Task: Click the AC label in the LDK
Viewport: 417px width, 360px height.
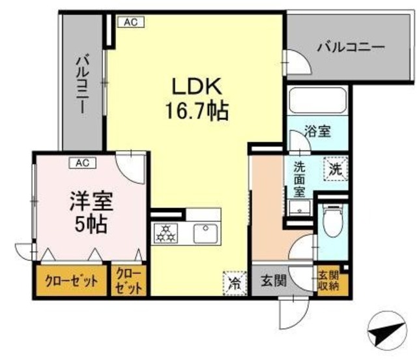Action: pyautogui.click(x=131, y=22)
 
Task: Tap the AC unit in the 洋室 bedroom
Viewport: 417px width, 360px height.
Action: pyautogui.click(x=83, y=163)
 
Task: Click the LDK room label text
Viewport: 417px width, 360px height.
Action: pyautogui.click(x=197, y=86)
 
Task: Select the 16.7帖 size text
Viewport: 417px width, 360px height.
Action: pyautogui.click(x=197, y=111)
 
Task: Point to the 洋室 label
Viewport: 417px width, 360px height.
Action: pyautogui.click(x=91, y=201)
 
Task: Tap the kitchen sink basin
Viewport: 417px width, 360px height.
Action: pyautogui.click(x=206, y=233)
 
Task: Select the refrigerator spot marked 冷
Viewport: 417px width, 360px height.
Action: pyautogui.click(x=235, y=283)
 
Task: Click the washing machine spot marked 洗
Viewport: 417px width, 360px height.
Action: pyautogui.click(x=336, y=169)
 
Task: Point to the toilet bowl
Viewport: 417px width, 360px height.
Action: pyautogui.click(x=332, y=220)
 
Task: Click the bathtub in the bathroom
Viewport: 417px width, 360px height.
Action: pyautogui.click(x=317, y=100)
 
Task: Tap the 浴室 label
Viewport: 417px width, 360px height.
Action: pyautogui.click(x=317, y=131)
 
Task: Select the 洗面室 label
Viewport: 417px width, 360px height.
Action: pyautogui.click(x=300, y=180)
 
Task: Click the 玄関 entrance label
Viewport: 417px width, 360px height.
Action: pyautogui.click(x=274, y=280)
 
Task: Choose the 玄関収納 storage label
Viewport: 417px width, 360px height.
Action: pyautogui.click(x=328, y=281)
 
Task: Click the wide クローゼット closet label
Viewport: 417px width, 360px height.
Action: pyautogui.click(x=72, y=280)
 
